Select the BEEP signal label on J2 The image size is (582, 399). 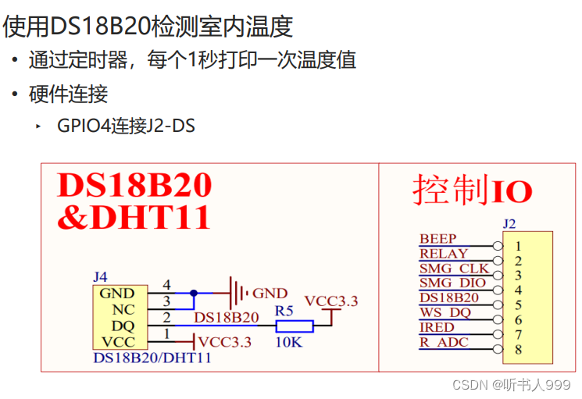pyautogui.click(x=437, y=239)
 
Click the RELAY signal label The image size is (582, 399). pyautogui.click(x=443, y=254)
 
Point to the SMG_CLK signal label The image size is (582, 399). pyautogui.click(x=454, y=269)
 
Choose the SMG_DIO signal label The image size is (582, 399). pyautogui.click(x=452, y=283)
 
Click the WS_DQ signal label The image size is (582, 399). pyautogui.click(x=445, y=313)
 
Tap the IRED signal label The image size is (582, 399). pyautogui.click(x=436, y=328)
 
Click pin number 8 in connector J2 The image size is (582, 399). pyautogui.click(x=518, y=349)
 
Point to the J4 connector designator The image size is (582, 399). pyautogui.click(x=100, y=277)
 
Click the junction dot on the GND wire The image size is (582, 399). pyautogui.click(x=194, y=294)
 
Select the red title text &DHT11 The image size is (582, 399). pyautogui.click(x=134, y=217)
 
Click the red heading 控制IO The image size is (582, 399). pyautogui.click(x=473, y=191)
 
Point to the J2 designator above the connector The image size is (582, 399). pyautogui.click(x=509, y=224)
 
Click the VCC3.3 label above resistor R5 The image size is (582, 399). pyautogui.click(x=330, y=301)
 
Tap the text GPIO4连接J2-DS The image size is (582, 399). pyautogui.click(x=126, y=125)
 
